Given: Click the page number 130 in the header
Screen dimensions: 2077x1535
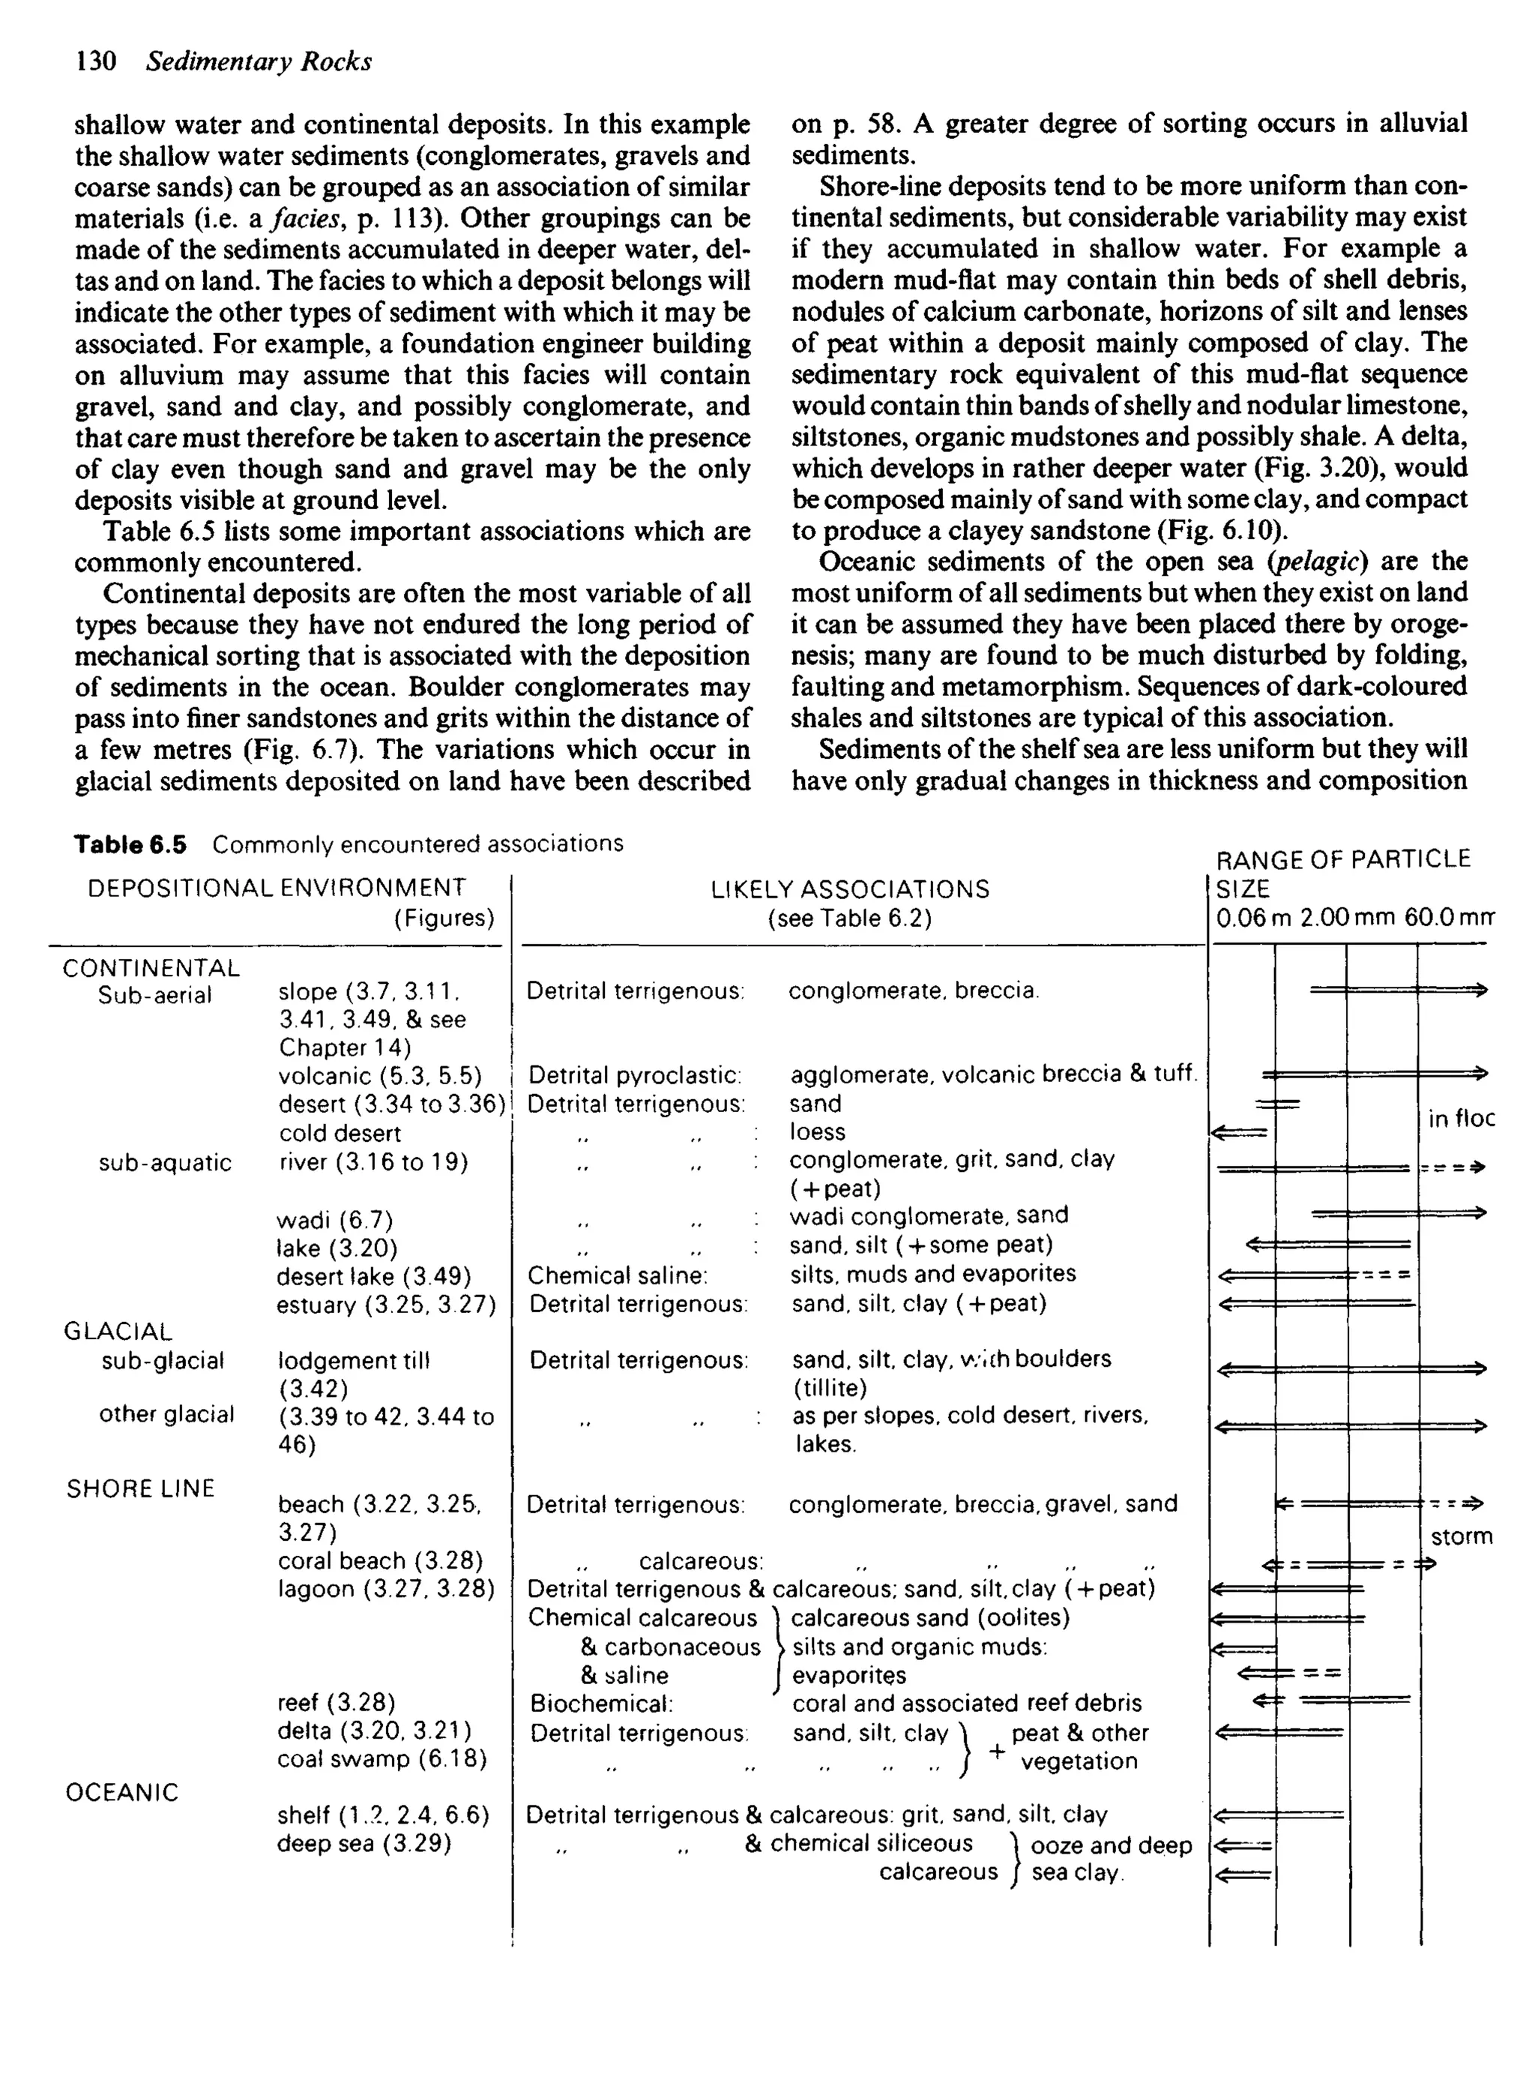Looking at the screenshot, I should tap(96, 61).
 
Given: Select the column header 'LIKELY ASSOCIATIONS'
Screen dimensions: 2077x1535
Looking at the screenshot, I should tap(849, 889).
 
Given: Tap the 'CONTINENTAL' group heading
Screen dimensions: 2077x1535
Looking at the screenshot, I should tap(151, 967).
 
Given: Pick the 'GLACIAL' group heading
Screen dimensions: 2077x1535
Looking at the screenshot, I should tap(118, 1332).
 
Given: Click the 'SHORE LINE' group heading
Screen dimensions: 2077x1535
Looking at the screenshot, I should tap(140, 1488).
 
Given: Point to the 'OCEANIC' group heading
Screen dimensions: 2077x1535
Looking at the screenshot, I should tap(121, 1792).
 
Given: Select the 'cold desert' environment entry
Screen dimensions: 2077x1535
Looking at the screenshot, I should tap(340, 1133).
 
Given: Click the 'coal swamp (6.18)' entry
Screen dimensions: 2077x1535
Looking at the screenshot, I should tap(382, 1758).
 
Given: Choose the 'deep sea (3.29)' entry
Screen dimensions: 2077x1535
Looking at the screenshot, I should tap(364, 1843).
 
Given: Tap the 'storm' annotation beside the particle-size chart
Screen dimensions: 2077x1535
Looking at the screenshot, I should tap(1461, 1536).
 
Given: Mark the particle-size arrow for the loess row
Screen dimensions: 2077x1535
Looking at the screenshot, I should tap(1240, 1132).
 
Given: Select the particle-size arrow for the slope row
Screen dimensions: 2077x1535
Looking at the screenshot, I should tap(1398, 991).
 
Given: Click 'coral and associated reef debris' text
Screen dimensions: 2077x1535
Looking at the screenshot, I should tap(966, 1703).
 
